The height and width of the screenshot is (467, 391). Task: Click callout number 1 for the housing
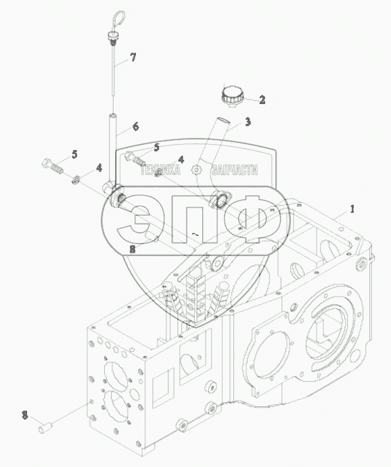tap(352, 209)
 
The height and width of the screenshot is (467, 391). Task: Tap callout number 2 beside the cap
tap(262, 100)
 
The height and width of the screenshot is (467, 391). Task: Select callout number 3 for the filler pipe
tap(248, 122)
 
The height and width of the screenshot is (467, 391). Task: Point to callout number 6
tap(135, 126)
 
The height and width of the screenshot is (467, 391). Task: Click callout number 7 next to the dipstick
tap(133, 57)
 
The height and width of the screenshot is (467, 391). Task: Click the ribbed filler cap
tap(233, 95)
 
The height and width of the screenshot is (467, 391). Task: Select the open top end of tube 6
tap(112, 116)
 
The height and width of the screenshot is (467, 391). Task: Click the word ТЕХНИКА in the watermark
tap(160, 170)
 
